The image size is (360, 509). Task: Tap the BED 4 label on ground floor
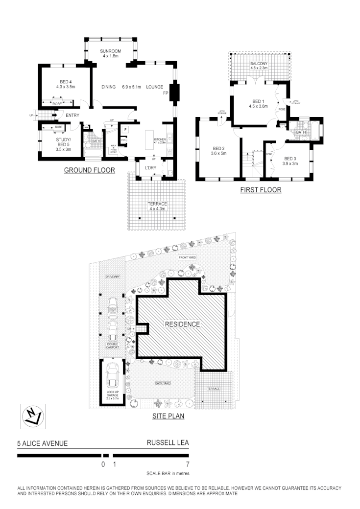[65, 81]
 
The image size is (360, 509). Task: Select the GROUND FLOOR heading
[90, 171]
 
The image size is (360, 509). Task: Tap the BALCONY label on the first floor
[259, 64]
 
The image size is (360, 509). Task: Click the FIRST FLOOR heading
[261, 190]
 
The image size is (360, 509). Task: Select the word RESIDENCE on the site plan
[182, 324]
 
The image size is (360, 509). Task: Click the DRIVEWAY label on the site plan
[112, 277]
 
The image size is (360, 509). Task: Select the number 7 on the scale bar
[187, 464]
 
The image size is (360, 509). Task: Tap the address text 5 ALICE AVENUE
[42, 444]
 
